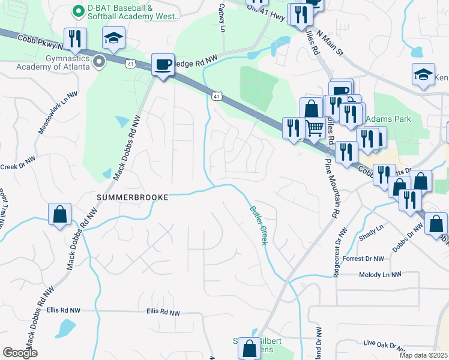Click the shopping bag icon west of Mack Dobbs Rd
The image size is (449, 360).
tap(59, 214)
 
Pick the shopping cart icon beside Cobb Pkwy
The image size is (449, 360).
tap(315, 128)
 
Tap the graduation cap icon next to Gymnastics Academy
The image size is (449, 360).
tap(113, 38)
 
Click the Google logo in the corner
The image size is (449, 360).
tap(20, 353)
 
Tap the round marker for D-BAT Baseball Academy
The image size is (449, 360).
tap(77, 11)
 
